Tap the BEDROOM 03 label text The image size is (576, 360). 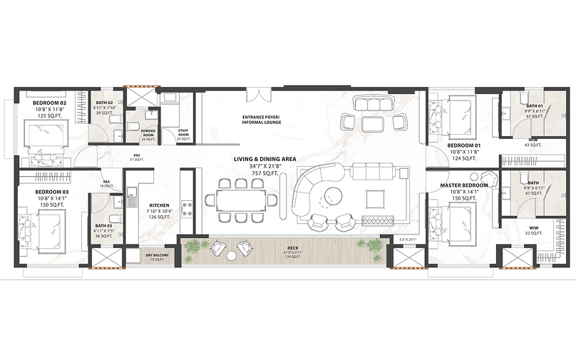[x=49, y=192]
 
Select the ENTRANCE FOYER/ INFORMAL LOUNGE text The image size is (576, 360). [x=261, y=119]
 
